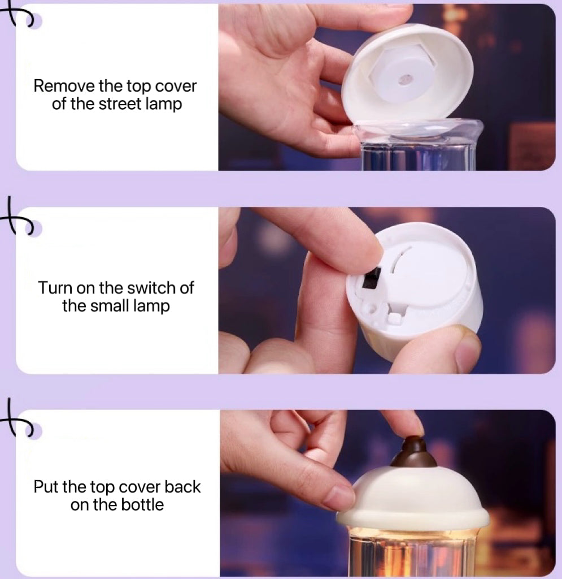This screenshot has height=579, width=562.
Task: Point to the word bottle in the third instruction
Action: (142, 505)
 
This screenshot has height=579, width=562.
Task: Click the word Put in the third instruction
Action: (46, 487)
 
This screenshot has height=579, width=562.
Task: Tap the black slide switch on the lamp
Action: (372, 278)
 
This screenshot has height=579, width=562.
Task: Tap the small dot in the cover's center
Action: (405, 79)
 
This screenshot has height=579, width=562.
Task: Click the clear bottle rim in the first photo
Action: (419, 131)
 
